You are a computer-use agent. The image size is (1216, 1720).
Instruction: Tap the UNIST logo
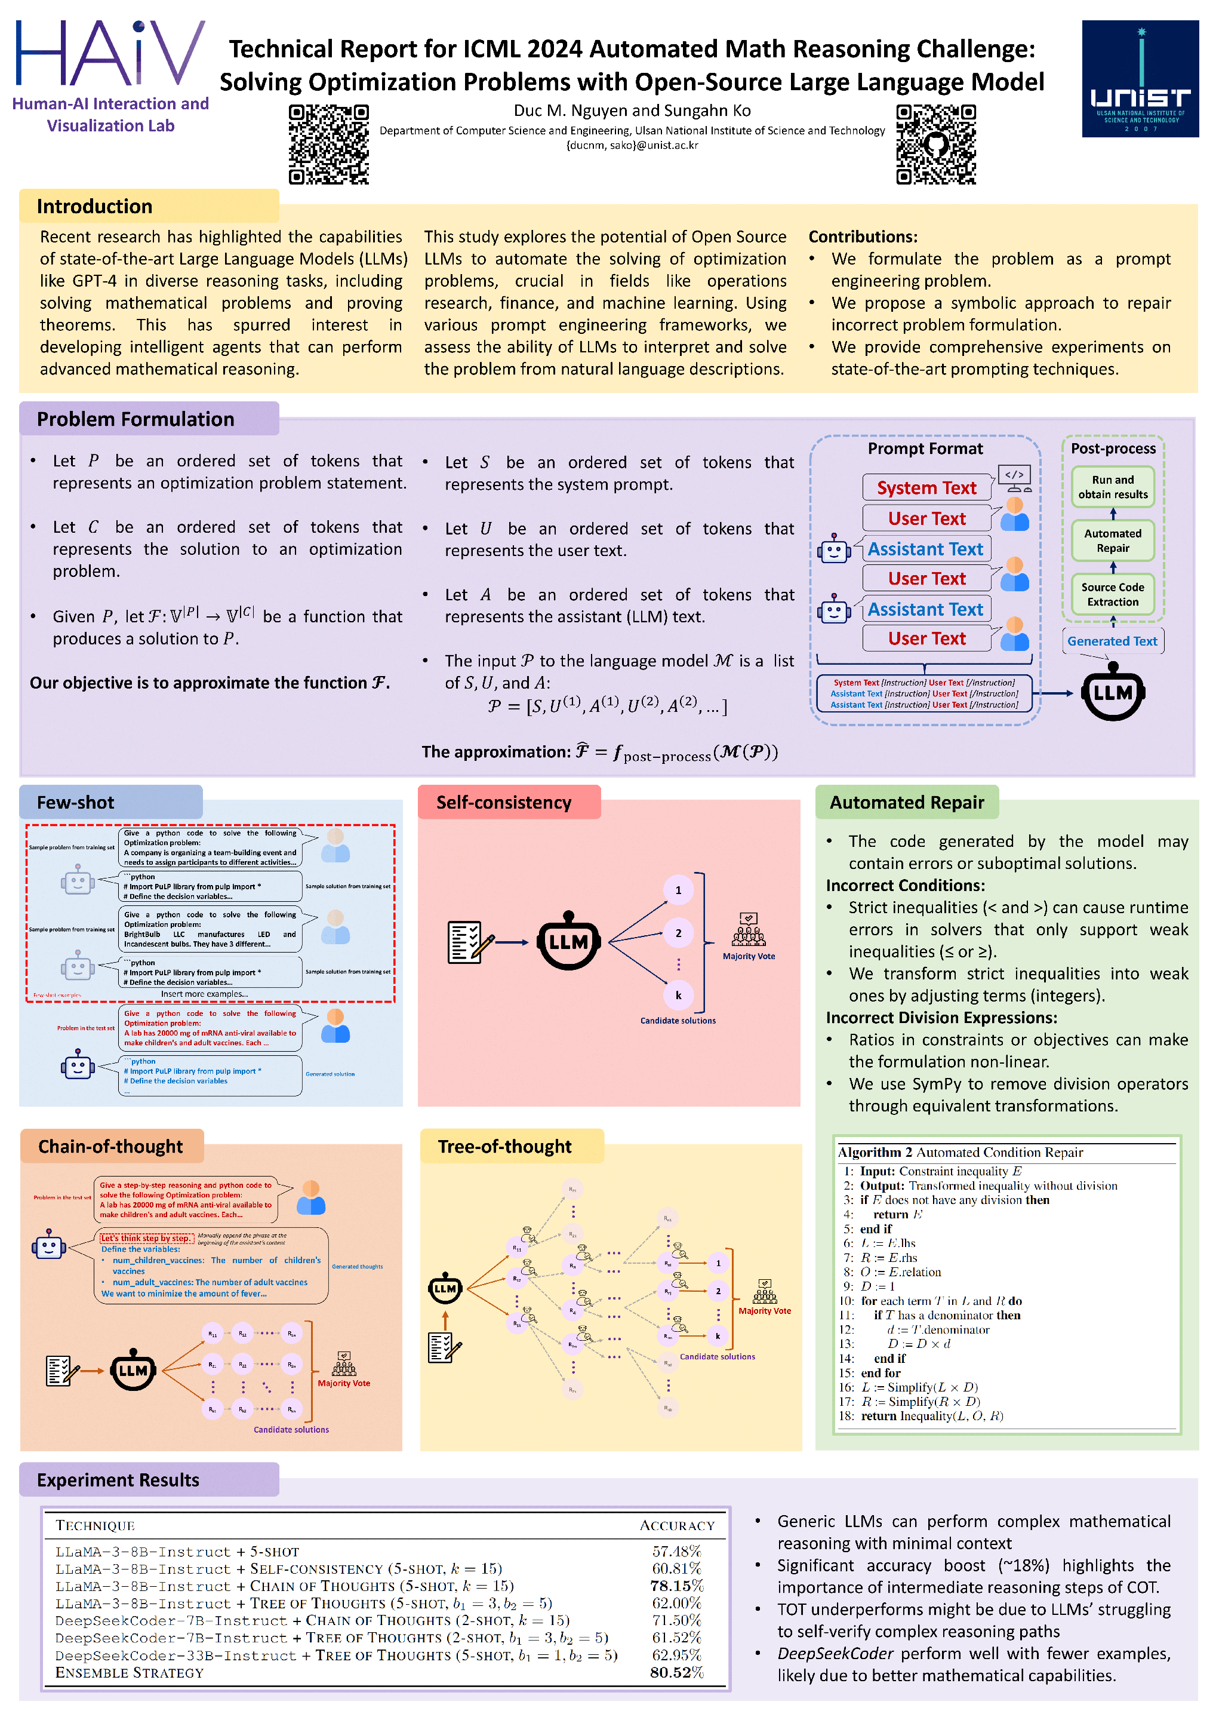(x=1139, y=79)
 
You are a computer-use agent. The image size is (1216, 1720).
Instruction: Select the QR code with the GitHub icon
(x=935, y=145)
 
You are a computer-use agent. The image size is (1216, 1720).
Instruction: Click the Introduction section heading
(x=94, y=206)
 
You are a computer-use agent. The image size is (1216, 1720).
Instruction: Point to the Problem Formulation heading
(x=136, y=419)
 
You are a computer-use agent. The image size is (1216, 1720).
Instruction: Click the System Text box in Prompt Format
(x=926, y=488)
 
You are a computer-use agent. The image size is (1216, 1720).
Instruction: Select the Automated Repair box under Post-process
(x=1112, y=540)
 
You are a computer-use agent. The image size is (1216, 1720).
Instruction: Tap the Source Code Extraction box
(x=1112, y=594)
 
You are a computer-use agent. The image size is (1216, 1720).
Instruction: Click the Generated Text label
(x=1112, y=641)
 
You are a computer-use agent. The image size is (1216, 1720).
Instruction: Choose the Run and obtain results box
(x=1112, y=487)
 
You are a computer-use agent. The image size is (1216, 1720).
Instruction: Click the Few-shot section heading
(x=76, y=802)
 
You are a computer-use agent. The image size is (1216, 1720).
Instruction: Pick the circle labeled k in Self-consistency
(x=678, y=995)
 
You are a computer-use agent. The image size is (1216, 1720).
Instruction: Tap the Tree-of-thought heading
(x=504, y=1146)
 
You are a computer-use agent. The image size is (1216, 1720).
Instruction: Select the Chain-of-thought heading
(x=111, y=1146)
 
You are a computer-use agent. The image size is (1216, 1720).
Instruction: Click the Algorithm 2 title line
(x=960, y=1152)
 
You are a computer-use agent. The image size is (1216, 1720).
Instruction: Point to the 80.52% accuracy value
(x=676, y=1672)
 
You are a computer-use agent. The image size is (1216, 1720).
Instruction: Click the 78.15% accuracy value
(x=676, y=1585)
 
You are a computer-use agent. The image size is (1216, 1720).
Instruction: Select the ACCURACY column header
(x=676, y=1525)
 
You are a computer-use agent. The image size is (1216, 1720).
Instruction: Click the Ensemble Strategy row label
(x=130, y=1672)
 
